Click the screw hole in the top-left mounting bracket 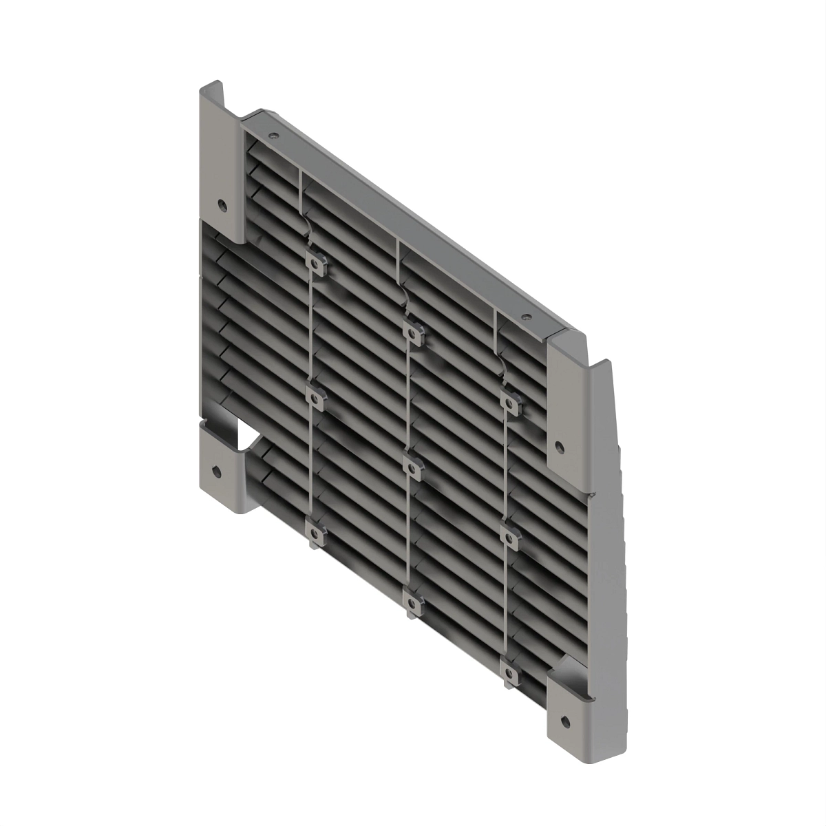click(x=222, y=204)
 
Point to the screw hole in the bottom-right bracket click(x=565, y=720)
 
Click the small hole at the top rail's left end click(x=273, y=136)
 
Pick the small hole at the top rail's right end click(x=526, y=317)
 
